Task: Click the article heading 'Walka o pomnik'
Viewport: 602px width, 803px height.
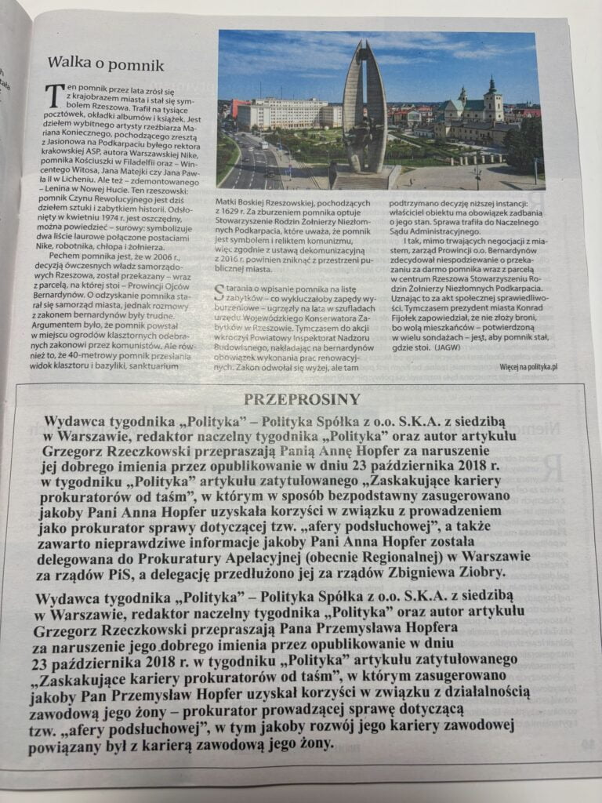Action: click(x=105, y=65)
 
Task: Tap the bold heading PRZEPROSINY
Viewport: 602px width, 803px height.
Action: click(x=301, y=398)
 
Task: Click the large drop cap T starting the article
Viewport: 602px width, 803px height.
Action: click(x=56, y=99)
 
